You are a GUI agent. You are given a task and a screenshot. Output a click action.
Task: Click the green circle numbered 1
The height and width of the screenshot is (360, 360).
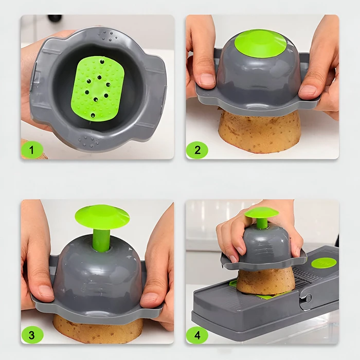point(32,150)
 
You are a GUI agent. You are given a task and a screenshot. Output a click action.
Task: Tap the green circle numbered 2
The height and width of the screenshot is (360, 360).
point(197,150)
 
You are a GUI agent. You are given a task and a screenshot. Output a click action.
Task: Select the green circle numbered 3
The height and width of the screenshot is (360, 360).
point(32,335)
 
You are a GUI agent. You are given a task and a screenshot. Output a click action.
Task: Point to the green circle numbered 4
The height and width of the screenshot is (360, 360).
point(197,335)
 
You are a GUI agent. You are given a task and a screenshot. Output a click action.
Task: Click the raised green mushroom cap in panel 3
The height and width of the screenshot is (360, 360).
point(102,215)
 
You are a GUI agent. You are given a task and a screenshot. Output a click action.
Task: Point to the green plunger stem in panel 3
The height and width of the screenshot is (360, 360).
point(101,240)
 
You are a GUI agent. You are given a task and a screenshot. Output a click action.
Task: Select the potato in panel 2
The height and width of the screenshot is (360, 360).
point(260,131)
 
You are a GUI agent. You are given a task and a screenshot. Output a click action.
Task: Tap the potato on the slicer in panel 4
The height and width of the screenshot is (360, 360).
point(266,281)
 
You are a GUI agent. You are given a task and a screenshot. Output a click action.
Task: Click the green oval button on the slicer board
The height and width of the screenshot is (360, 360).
point(323,263)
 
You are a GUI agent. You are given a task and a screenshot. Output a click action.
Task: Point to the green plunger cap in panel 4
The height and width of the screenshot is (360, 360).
point(261,212)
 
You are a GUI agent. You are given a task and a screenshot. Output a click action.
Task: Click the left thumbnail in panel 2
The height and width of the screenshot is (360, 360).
point(207,79)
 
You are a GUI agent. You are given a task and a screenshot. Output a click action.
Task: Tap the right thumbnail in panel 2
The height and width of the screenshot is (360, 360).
point(308,90)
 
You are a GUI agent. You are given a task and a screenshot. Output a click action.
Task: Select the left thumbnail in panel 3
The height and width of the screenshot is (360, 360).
point(46,291)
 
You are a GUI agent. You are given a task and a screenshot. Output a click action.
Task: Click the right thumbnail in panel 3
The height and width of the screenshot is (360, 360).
point(149,298)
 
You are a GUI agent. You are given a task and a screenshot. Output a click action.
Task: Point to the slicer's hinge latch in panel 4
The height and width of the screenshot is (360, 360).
point(306,298)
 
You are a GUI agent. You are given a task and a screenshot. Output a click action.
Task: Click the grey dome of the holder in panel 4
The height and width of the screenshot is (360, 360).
point(266,244)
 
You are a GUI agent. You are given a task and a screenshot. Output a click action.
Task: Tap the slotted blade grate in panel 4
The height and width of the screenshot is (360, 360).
point(303,275)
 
